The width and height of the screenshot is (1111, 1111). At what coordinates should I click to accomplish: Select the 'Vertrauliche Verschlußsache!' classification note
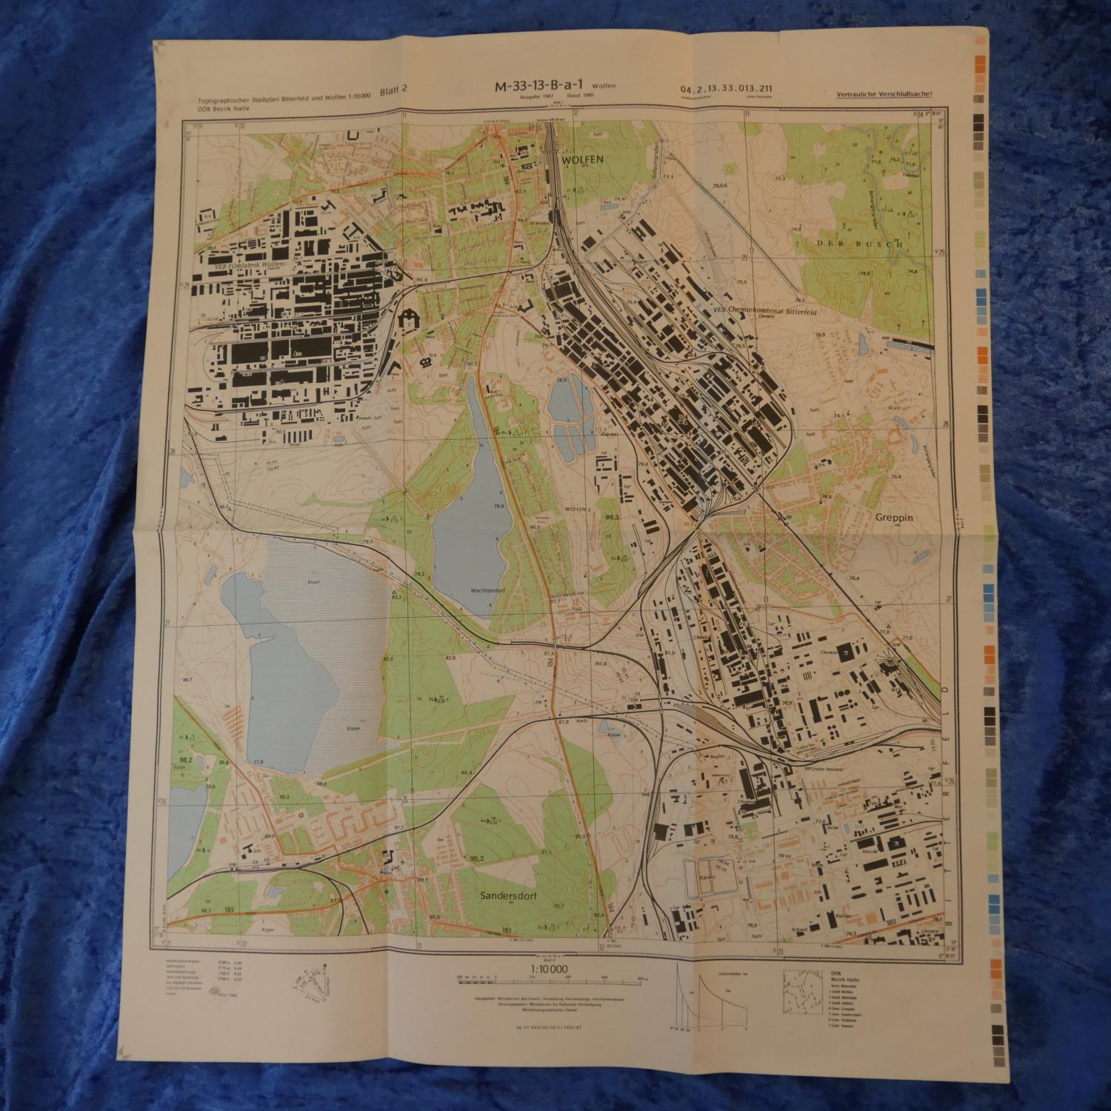tap(884, 94)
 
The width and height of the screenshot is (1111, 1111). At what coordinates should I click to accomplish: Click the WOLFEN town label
tap(583, 159)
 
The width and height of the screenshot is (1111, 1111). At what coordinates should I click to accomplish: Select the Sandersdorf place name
tap(507, 895)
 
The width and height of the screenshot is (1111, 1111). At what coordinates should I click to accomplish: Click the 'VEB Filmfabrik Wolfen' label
tap(237, 264)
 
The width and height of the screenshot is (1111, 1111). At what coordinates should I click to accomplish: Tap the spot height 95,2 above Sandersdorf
tap(476, 858)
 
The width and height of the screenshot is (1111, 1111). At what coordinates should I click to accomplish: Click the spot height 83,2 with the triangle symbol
tap(396, 595)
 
